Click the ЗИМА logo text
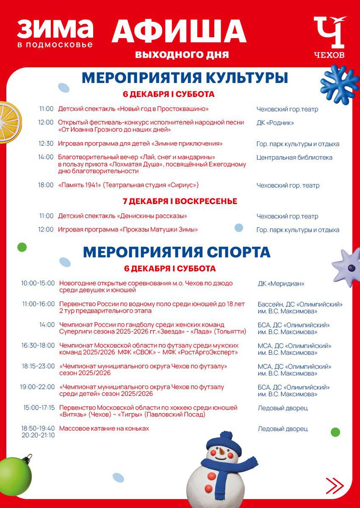tap(55, 29)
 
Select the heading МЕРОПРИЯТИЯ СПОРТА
tap(177, 252)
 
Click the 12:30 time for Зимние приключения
tap(46, 144)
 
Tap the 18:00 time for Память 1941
tap(46, 185)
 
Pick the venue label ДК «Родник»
tap(275, 123)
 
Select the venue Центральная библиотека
tap(294, 157)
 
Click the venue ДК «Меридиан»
tap(281, 284)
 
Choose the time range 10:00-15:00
tap(38, 283)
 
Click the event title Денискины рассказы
tap(123, 216)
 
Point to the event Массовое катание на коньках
tap(104, 428)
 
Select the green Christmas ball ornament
tap(15, 475)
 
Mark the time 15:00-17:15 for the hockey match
tap(39, 408)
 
